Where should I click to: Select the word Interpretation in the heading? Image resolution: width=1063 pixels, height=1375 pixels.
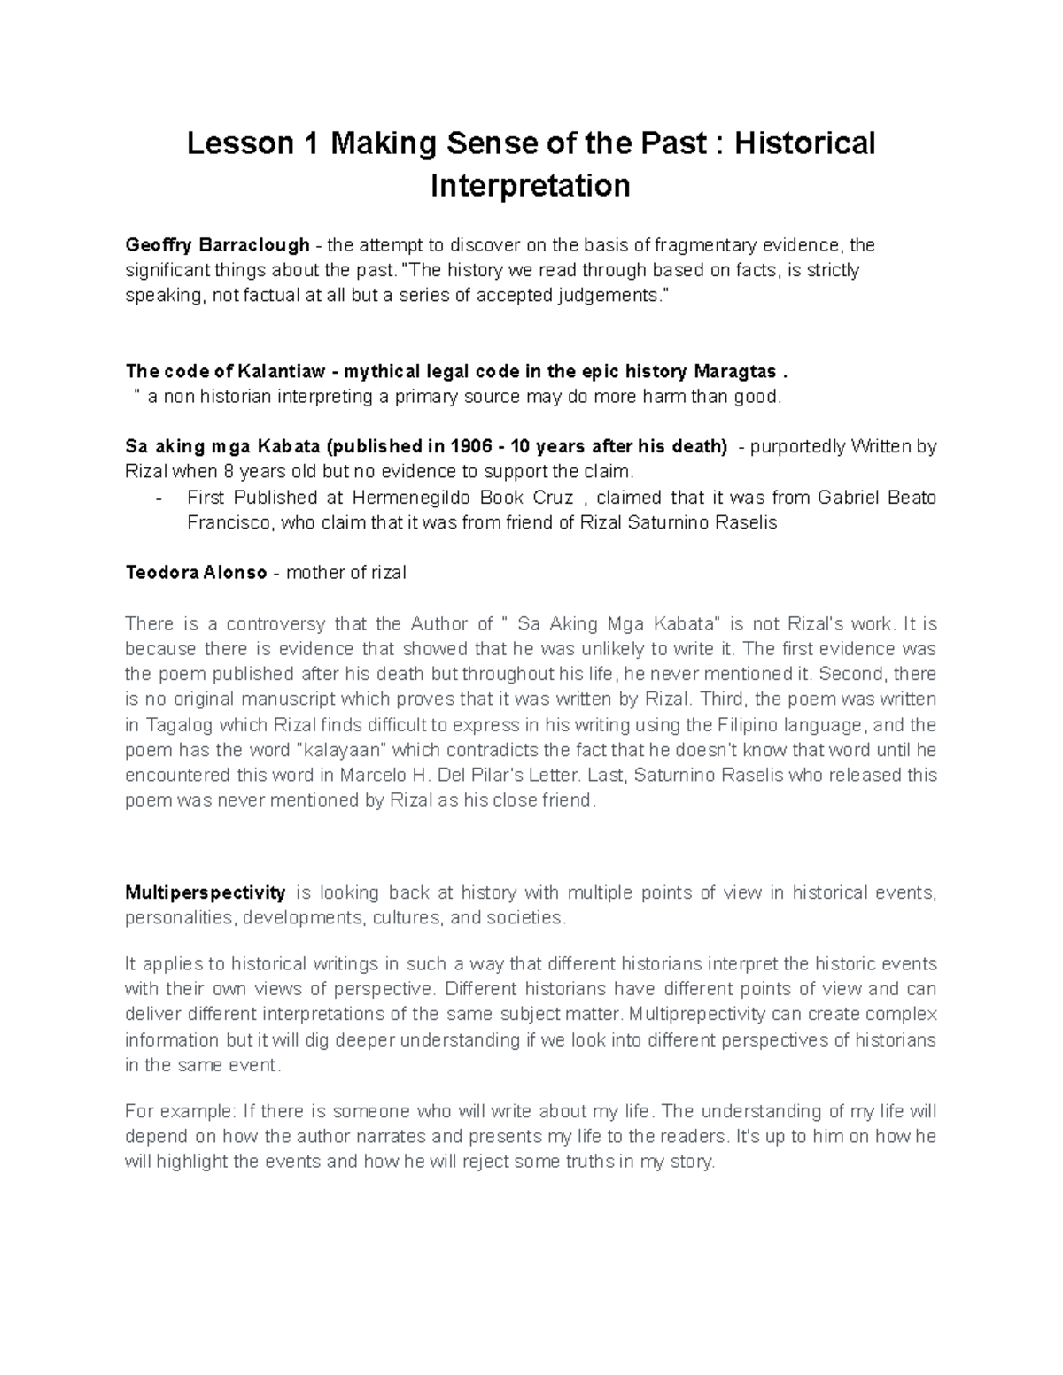coord(530,186)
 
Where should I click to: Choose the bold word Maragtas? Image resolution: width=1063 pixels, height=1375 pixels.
coord(734,371)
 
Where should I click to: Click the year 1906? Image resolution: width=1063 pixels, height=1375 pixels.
coord(470,446)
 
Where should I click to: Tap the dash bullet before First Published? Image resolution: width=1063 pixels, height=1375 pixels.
coord(159,498)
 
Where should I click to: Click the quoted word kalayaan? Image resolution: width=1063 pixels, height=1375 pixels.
coord(346,750)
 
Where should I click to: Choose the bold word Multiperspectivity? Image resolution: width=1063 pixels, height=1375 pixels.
coord(206,892)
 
